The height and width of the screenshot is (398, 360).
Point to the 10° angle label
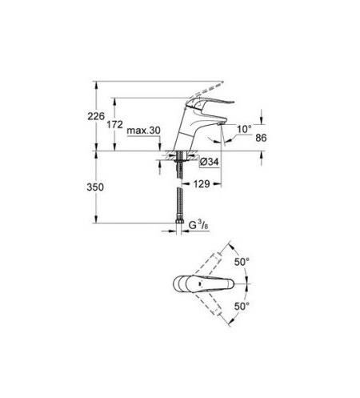point(244,127)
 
